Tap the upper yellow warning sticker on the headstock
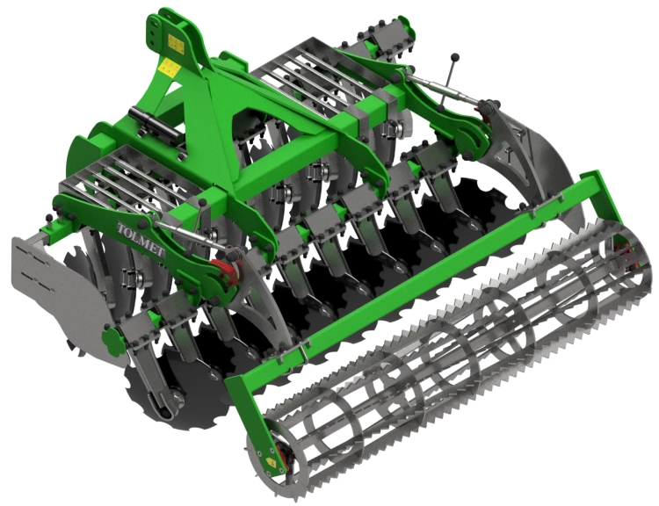pos(176,44)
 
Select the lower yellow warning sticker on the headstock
pos(169,68)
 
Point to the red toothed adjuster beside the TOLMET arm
pos(225,270)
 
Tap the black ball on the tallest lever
pos(455,57)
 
